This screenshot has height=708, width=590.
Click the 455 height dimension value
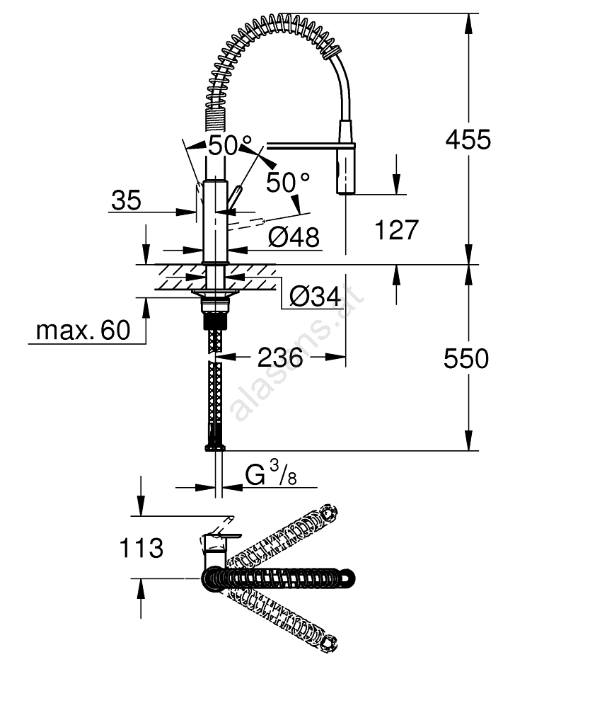468,139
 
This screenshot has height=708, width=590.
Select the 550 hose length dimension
466,359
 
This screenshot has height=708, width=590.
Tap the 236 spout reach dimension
280,358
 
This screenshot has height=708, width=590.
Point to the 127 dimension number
396,230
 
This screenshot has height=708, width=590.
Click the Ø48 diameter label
294,236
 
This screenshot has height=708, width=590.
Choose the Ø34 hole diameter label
315,297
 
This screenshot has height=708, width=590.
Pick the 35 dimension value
127,200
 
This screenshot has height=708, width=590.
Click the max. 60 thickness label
83,331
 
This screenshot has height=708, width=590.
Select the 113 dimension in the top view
141,548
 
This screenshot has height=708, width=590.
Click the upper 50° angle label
230,145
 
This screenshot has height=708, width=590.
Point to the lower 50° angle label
288,183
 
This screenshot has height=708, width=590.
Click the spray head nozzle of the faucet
345,172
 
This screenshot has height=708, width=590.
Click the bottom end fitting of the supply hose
215,447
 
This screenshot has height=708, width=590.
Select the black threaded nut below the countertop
215,321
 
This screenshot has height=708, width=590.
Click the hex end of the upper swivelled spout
329,513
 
